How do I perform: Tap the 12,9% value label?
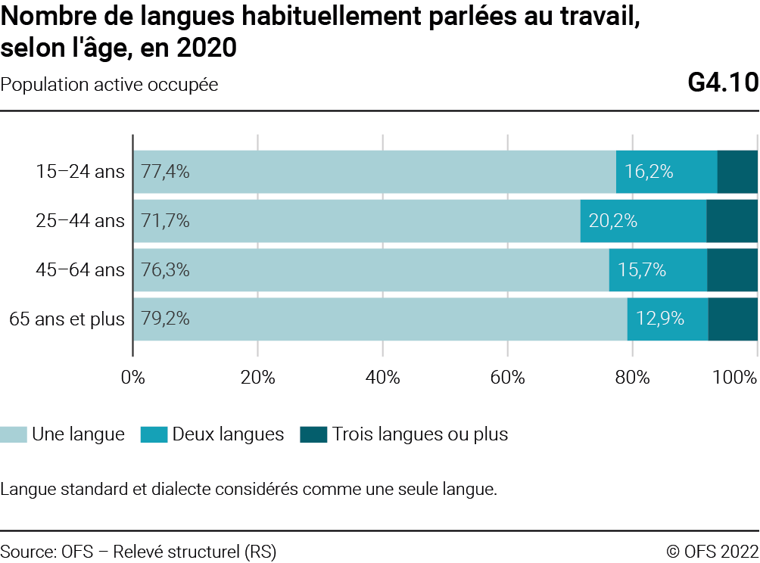[x=660, y=319]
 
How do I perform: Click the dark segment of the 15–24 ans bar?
[x=737, y=172]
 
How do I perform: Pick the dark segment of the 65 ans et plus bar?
[x=733, y=319]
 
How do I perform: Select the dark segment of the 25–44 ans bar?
[x=732, y=221]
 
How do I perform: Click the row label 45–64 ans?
[x=80, y=270]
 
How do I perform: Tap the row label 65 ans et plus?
[x=67, y=319]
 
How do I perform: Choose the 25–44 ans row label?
[x=80, y=221]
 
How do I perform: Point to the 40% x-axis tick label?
[x=382, y=377]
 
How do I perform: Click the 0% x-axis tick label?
[x=133, y=377]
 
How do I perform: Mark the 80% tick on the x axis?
[x=632, y=377]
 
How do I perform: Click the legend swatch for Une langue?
[x=14, y=435]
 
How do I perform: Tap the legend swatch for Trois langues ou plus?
[x=313, y=435]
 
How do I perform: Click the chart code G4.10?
[x=723, y=83]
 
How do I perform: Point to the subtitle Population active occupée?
[x=110, y=85]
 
